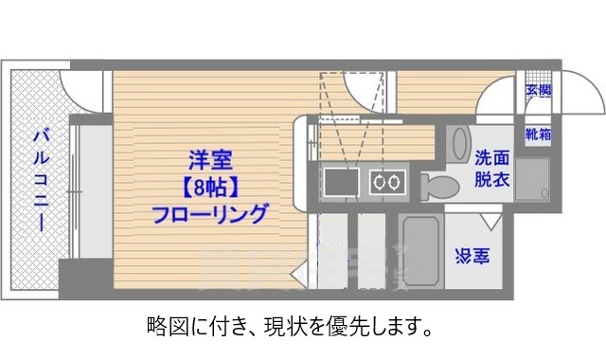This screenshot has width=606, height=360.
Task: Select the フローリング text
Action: click(x=209, y=213)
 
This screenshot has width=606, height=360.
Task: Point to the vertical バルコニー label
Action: click(x=41, y=179)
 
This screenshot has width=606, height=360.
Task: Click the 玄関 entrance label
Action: click(x=538, y=91)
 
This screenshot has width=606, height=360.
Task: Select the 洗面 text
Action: click(x=493, y=159)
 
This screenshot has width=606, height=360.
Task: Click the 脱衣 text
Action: click(x=493, y=179)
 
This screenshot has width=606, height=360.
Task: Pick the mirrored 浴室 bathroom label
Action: click(x=472, y=256)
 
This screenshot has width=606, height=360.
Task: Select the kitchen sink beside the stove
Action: click(x=339, y=181)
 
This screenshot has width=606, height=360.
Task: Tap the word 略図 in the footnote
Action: click(x=163, y=330)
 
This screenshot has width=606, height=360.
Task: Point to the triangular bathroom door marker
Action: click(x=490, y=223)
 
